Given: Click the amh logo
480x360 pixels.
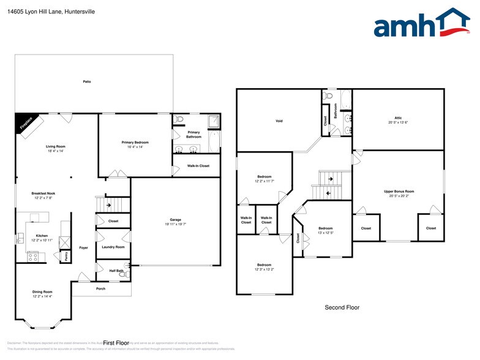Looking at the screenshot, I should (x=422, y=24).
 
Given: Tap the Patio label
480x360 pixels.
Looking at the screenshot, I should (x=87, y=81).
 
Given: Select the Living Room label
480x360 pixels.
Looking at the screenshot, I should (x=56, y=146).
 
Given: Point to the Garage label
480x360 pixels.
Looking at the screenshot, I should (x=175, y=219).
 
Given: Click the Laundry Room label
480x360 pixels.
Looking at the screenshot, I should (x=113, y=247).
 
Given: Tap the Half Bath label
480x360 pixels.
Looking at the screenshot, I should (x=116, y=271).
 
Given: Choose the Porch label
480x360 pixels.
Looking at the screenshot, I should (x=100, y=289).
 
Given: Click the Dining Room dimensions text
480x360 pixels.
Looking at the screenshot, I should (x=42, y=296).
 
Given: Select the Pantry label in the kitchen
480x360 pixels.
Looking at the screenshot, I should (x=66, y=257).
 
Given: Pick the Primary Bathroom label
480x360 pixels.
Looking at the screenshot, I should (x=193, y=134).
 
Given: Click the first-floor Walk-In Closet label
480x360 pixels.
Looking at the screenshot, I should (x=198, y=166).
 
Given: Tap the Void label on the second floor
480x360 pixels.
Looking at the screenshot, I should (x=279, y=121).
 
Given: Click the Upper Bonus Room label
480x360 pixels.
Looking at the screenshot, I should (x=399, y=192).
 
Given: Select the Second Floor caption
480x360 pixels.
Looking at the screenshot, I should (x=342, y=307).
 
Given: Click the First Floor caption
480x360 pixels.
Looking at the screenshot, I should (x=116, y=343).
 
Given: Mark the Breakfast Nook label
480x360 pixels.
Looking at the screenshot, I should (x=43, y=193).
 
